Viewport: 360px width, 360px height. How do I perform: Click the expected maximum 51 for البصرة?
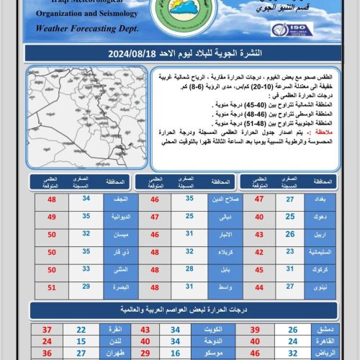(x=52, y=287)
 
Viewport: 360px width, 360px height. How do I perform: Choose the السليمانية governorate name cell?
(x=324, y=251)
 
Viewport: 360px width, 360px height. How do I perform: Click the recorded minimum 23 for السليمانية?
(x=290, y=251)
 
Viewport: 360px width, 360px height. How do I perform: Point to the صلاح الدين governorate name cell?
(x=220, y=198)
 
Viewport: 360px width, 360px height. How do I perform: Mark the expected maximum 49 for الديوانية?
(x=52, y=216)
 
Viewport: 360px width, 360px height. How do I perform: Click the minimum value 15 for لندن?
(x=81, y=341)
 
